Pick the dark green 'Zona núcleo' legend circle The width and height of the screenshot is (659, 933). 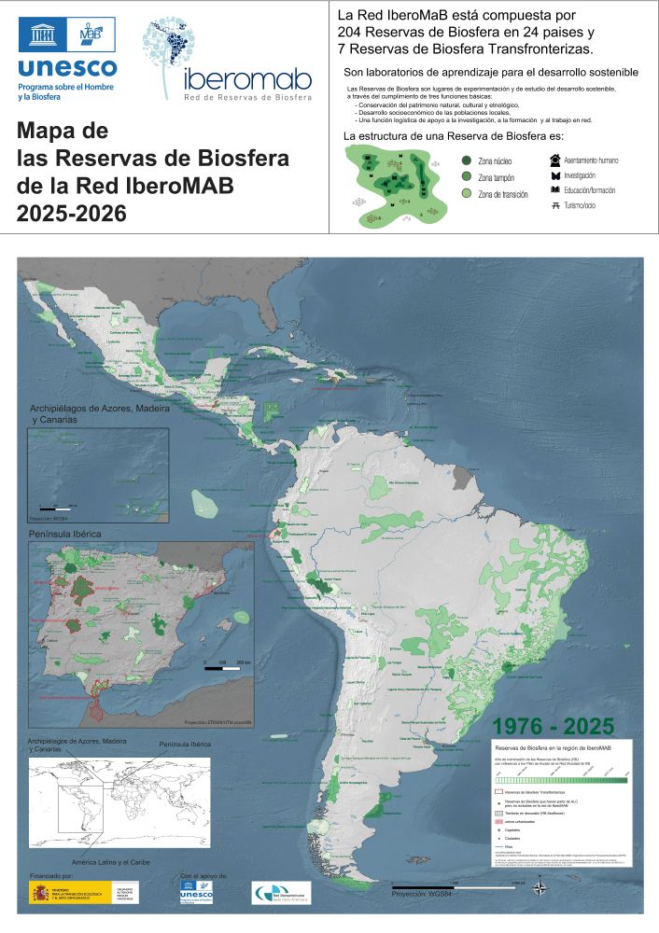click(466, 160)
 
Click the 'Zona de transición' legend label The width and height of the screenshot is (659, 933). click(503, 194)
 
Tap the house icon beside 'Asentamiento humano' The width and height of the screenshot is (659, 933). click(555, 160)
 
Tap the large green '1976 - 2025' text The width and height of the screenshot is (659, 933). click(553, 726)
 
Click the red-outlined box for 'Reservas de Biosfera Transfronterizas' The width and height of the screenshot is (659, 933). click(498, 790)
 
